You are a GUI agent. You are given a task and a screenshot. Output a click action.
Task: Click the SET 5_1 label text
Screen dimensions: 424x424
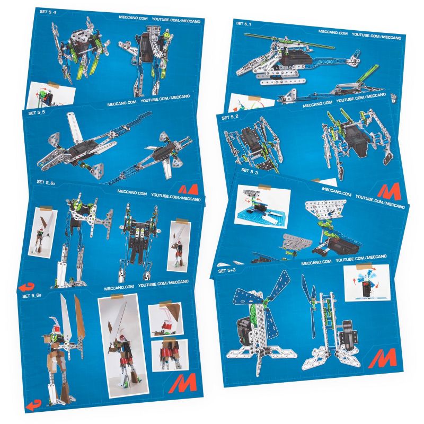(x=244, y=24)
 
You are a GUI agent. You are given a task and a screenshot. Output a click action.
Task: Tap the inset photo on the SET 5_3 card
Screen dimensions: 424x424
(x=258, y=202)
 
